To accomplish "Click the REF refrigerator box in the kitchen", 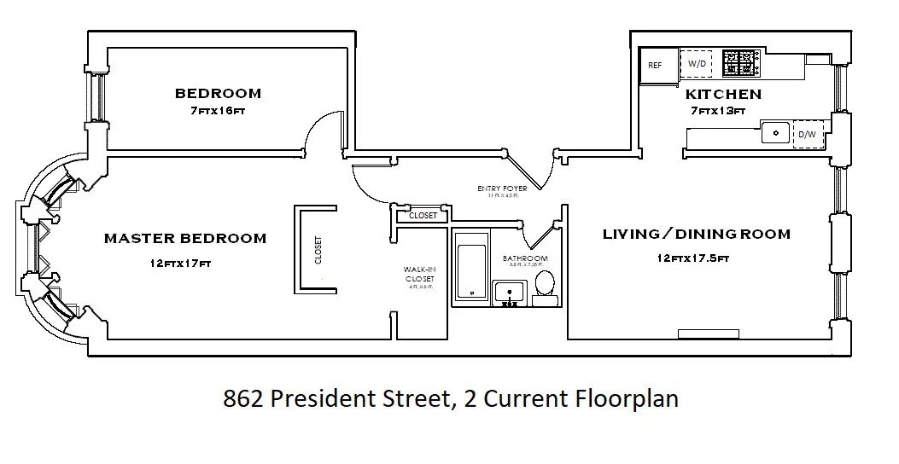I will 656,65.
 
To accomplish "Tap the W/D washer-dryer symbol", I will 697,64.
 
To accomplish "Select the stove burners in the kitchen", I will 741,63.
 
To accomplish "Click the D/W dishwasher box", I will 807,135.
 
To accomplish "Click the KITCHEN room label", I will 722,94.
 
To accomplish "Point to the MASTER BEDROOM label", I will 184,239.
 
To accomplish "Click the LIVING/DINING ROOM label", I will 696,234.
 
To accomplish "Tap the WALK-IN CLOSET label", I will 419,274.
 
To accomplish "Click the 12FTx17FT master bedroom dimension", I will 179,264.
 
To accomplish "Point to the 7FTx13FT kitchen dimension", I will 716,111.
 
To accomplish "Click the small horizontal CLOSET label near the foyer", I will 423,216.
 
